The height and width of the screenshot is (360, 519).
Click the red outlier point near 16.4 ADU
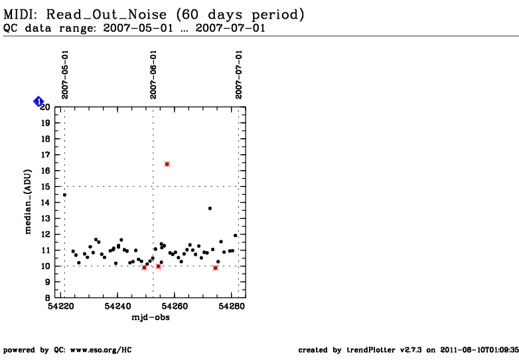tap(167, 164)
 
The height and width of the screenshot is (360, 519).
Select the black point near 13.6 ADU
tap(210, 209)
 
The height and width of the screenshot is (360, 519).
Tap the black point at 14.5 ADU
tap(64, 195)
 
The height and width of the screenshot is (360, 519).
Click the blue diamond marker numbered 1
tap(38, 102)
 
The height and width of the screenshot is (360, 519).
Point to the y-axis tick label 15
tap(46, 187)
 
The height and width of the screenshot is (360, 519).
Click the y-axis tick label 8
tap(48, 298)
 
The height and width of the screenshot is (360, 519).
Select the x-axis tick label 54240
tap(117, 306)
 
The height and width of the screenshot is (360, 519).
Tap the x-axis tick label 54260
tap(175, 306)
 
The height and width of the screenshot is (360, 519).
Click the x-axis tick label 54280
tap(232, 306)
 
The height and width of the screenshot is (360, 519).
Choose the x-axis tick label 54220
tap(61, 306)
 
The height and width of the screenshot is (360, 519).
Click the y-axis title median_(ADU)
tap(28, 202)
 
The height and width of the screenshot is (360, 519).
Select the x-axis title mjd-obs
tap(151, 317)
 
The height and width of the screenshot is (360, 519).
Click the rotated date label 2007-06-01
tap(153, 74)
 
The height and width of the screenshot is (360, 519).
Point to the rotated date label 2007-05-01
tap(65, 74)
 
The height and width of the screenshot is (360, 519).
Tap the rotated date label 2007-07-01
tap(239, 74)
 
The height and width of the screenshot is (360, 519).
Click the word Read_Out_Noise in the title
tap(106, 15)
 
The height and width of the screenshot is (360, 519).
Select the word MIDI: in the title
tap(21, 15)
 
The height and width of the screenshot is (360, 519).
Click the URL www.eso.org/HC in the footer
tap(101, 350)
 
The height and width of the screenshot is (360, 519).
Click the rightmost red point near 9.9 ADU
tap(216, 268)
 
